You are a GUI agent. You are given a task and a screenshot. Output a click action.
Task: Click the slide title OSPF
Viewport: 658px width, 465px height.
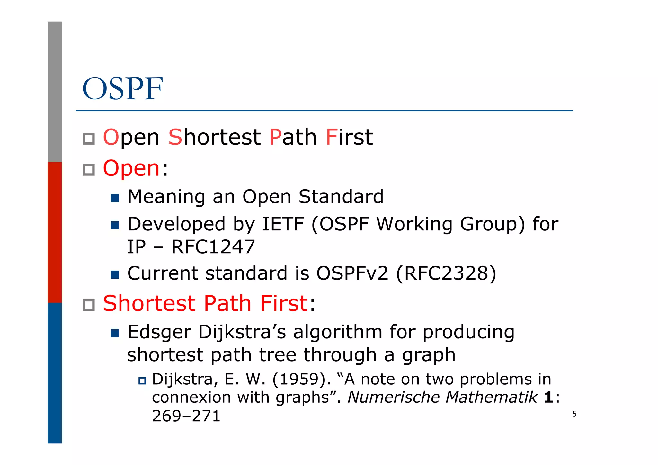coord(122,89)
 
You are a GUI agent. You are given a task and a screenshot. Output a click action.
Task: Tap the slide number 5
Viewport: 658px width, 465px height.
coord(574,414)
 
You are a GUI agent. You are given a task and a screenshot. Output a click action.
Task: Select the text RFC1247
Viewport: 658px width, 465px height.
coord(213,247)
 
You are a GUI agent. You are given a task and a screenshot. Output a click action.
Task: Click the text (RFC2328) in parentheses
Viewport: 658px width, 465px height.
coord(446,273)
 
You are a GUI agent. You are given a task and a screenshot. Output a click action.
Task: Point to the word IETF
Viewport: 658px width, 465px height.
coord(283,224)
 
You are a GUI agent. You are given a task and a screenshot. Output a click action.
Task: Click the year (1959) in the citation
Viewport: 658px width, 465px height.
coord(301,379)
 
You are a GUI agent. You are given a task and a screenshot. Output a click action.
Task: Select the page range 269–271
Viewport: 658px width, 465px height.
coord(186,416)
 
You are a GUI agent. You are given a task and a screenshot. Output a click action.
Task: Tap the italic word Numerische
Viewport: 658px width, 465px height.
coord(393,397)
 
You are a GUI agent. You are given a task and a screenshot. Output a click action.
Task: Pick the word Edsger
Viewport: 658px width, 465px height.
coord(159,332)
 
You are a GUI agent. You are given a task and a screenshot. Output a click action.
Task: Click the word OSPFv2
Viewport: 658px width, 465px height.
coord(352,273)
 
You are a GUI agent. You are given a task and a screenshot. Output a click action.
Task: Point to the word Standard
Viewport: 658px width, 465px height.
coord(341,197)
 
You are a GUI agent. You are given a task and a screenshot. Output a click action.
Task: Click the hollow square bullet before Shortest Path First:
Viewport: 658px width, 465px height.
coord(89,305)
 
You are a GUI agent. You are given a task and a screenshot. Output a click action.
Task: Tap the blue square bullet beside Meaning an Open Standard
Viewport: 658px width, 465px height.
coord(115,198)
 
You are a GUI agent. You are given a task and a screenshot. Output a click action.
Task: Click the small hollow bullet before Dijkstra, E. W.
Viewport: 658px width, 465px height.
coord(142,381)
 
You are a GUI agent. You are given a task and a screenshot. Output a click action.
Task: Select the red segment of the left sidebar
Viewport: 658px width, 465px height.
coord(55,232)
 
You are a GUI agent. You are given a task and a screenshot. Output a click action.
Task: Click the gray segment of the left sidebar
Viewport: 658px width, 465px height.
coord(55,92)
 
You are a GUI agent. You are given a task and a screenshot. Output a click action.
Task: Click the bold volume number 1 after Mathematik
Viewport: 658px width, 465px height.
coord(548,398)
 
